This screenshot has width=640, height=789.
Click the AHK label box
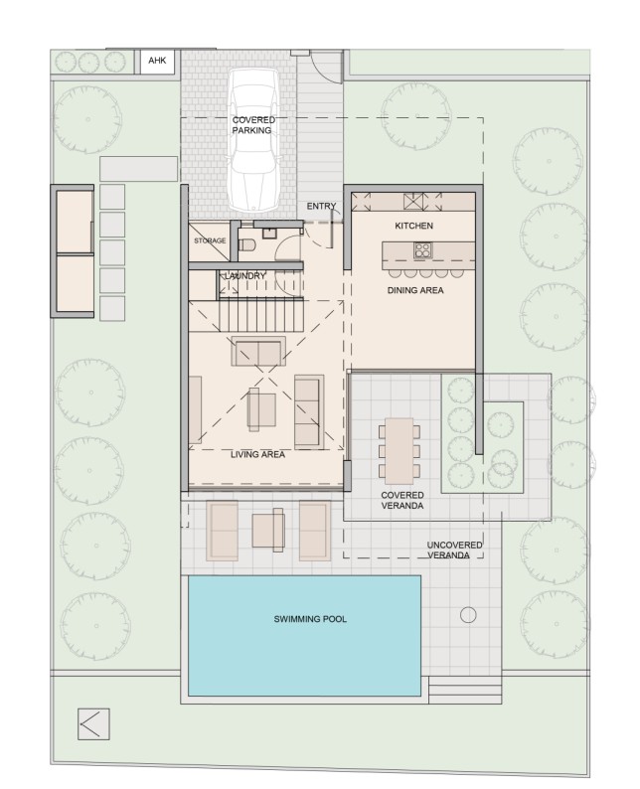(x=158, y=62)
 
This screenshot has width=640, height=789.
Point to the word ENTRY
(x=321, y=207)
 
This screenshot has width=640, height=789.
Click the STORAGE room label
(x=209, y=241)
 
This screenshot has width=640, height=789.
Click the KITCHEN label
(x=413, y=227)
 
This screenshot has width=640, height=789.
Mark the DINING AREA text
(x=414, y=291)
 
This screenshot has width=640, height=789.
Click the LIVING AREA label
(x=258, y=454)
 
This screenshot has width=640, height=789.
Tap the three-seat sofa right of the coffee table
(x=309, y=409)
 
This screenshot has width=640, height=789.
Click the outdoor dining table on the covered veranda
(x=401, y=448)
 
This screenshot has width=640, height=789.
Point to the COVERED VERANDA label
(x=403, y=500)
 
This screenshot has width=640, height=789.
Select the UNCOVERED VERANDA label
(x=455, y=551)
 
